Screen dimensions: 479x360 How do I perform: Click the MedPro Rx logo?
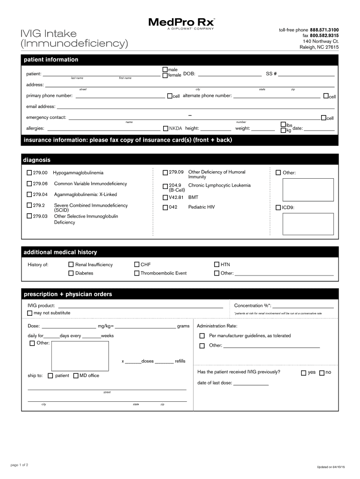(x=182, y=23)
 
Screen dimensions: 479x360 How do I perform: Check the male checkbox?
(x=165, y=69)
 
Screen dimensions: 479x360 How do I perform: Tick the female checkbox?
(x=165, y=75)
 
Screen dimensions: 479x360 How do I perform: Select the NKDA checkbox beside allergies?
(x=166, y=129)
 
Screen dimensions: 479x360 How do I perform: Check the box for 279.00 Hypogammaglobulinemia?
(x=29, y=173)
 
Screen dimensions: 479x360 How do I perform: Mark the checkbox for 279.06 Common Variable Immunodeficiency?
(x=29, y=184)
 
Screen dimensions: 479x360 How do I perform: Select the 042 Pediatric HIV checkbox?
(x=166, y=207)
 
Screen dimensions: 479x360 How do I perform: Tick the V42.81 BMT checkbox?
(x=166, y=197)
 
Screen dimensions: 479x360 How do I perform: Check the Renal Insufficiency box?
(x=71, y=265)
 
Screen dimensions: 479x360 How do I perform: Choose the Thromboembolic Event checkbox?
(x=137, y=273)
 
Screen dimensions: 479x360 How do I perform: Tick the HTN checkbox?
(x=217, y=265)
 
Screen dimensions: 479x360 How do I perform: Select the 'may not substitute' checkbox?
(x=30, y=313)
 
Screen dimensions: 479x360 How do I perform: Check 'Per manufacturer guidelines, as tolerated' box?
(x=202, y=336)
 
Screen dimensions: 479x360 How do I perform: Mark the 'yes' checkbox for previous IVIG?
(x=303, y=373)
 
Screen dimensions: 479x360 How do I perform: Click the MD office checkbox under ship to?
(x=76, y=376)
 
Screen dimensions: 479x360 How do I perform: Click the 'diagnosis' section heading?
(x=37, y=160)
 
